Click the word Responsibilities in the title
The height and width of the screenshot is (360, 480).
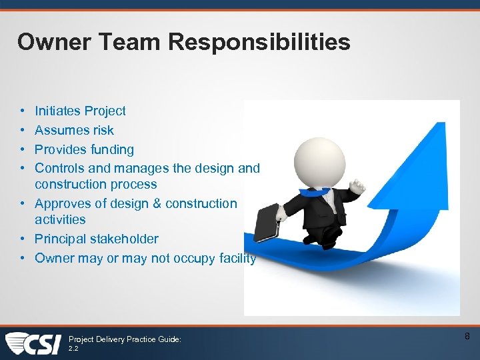pos(259,42)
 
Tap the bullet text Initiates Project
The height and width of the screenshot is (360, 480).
pos(80,111)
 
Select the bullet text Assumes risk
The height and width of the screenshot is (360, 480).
pos(74,130)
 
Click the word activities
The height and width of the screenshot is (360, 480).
pos(60,219)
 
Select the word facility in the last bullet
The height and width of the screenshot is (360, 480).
pos(239,258)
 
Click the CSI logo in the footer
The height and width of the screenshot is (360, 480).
pos(33,342)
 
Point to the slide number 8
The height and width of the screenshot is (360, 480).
pos(467,336)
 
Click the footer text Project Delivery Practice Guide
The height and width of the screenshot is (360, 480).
pos(125,339)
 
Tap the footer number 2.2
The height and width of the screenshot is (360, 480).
pos(73,347)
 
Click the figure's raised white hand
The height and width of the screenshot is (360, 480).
pos(359,186)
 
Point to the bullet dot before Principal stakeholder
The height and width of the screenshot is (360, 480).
pos(23,239)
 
